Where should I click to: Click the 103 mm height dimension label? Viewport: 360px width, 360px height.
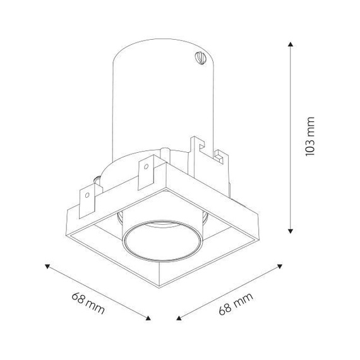click(x=309, y=136)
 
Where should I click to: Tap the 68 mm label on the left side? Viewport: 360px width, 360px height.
click(x=88, y=303)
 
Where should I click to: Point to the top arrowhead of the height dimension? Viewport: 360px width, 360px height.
click(x=291, y=44)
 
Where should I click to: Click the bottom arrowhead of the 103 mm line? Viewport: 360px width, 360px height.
click(x=291, y=231)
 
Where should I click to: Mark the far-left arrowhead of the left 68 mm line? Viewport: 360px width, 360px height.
click(x=47, y=267)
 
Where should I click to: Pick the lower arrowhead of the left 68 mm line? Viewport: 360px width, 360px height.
click(x=148, y=318)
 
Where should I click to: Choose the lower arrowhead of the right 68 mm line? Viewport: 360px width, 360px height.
click(x=179, y=318)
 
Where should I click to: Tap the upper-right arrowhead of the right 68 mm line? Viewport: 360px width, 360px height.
click(x=280, y=267)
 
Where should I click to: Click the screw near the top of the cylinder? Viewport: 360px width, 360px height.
click(x=200, y=58)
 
